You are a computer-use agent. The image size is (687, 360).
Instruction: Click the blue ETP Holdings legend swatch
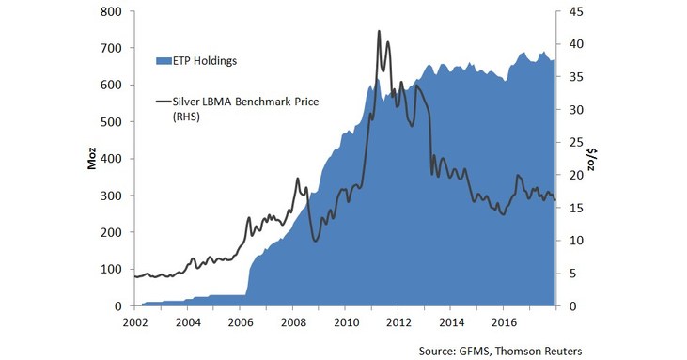(x=162, y=61)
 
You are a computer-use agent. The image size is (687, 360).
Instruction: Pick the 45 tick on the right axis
(x=576, y=11)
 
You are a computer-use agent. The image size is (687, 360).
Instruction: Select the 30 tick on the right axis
(x=576, y=110)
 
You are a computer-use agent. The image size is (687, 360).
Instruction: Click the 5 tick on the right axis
(x=572, y=274)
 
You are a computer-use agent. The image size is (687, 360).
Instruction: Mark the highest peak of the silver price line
(x=379, y=31)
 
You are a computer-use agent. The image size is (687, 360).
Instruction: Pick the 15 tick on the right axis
(x=576, y=208)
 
